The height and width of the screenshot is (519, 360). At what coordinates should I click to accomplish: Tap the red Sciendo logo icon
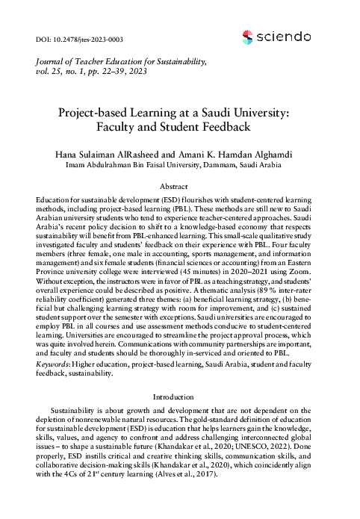tap(249, 34)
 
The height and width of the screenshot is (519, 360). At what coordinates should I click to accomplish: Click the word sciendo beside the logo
tap(284, 34)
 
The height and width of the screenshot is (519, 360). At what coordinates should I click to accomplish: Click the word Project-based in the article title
tap(98, 114)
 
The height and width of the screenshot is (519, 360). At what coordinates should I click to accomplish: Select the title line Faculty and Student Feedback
tap(179, 128)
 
